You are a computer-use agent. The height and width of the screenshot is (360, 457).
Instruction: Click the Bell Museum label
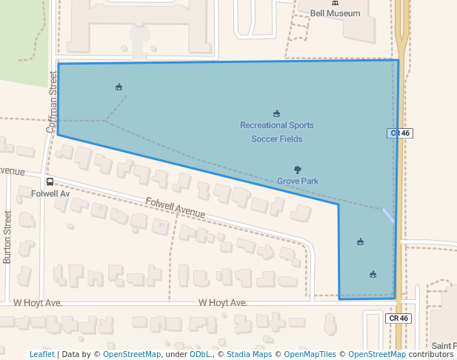(335, 13)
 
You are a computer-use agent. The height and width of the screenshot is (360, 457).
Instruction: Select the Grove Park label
(298, 181)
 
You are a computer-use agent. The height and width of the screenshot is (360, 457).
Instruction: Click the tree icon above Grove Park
(298, 170)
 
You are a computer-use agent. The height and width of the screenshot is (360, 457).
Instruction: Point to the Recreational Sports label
(276, 125)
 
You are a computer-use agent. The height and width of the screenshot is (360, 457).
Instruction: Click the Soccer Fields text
(276, 139)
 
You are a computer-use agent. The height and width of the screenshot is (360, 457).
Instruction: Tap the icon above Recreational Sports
(276, 113)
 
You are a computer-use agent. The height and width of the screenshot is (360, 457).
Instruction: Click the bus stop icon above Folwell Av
(50, 181)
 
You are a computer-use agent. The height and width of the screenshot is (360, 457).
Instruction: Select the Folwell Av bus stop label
(50, 193)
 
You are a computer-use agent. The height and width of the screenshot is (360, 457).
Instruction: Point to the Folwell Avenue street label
(175, 207)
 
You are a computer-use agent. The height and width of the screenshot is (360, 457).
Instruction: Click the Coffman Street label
(52, 101)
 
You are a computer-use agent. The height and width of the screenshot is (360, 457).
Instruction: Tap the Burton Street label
(7, 237)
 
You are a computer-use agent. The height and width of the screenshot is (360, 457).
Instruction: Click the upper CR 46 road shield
(399, 133)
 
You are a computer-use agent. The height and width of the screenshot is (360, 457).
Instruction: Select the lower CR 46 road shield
(398, 318)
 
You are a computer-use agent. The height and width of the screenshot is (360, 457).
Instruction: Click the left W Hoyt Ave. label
(38, 303)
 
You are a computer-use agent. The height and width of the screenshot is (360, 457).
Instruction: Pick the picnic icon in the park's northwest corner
(119, 87)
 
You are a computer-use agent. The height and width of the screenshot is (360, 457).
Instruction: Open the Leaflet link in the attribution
(41, 354)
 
